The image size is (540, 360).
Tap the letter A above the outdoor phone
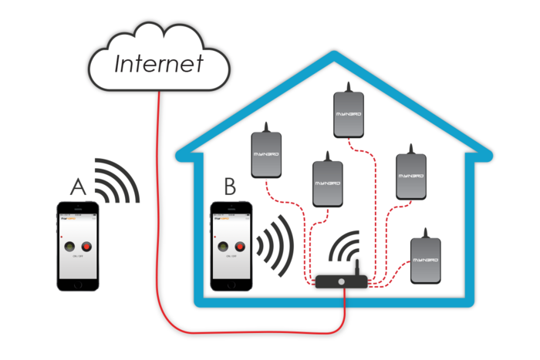[x=77, y=187]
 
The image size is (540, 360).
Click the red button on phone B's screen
[x=239, y=247]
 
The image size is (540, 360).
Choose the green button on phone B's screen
[x=224, y=247]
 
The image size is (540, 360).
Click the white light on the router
[x=342, y=282]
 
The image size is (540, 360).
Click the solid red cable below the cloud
[x=159, y=193]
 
